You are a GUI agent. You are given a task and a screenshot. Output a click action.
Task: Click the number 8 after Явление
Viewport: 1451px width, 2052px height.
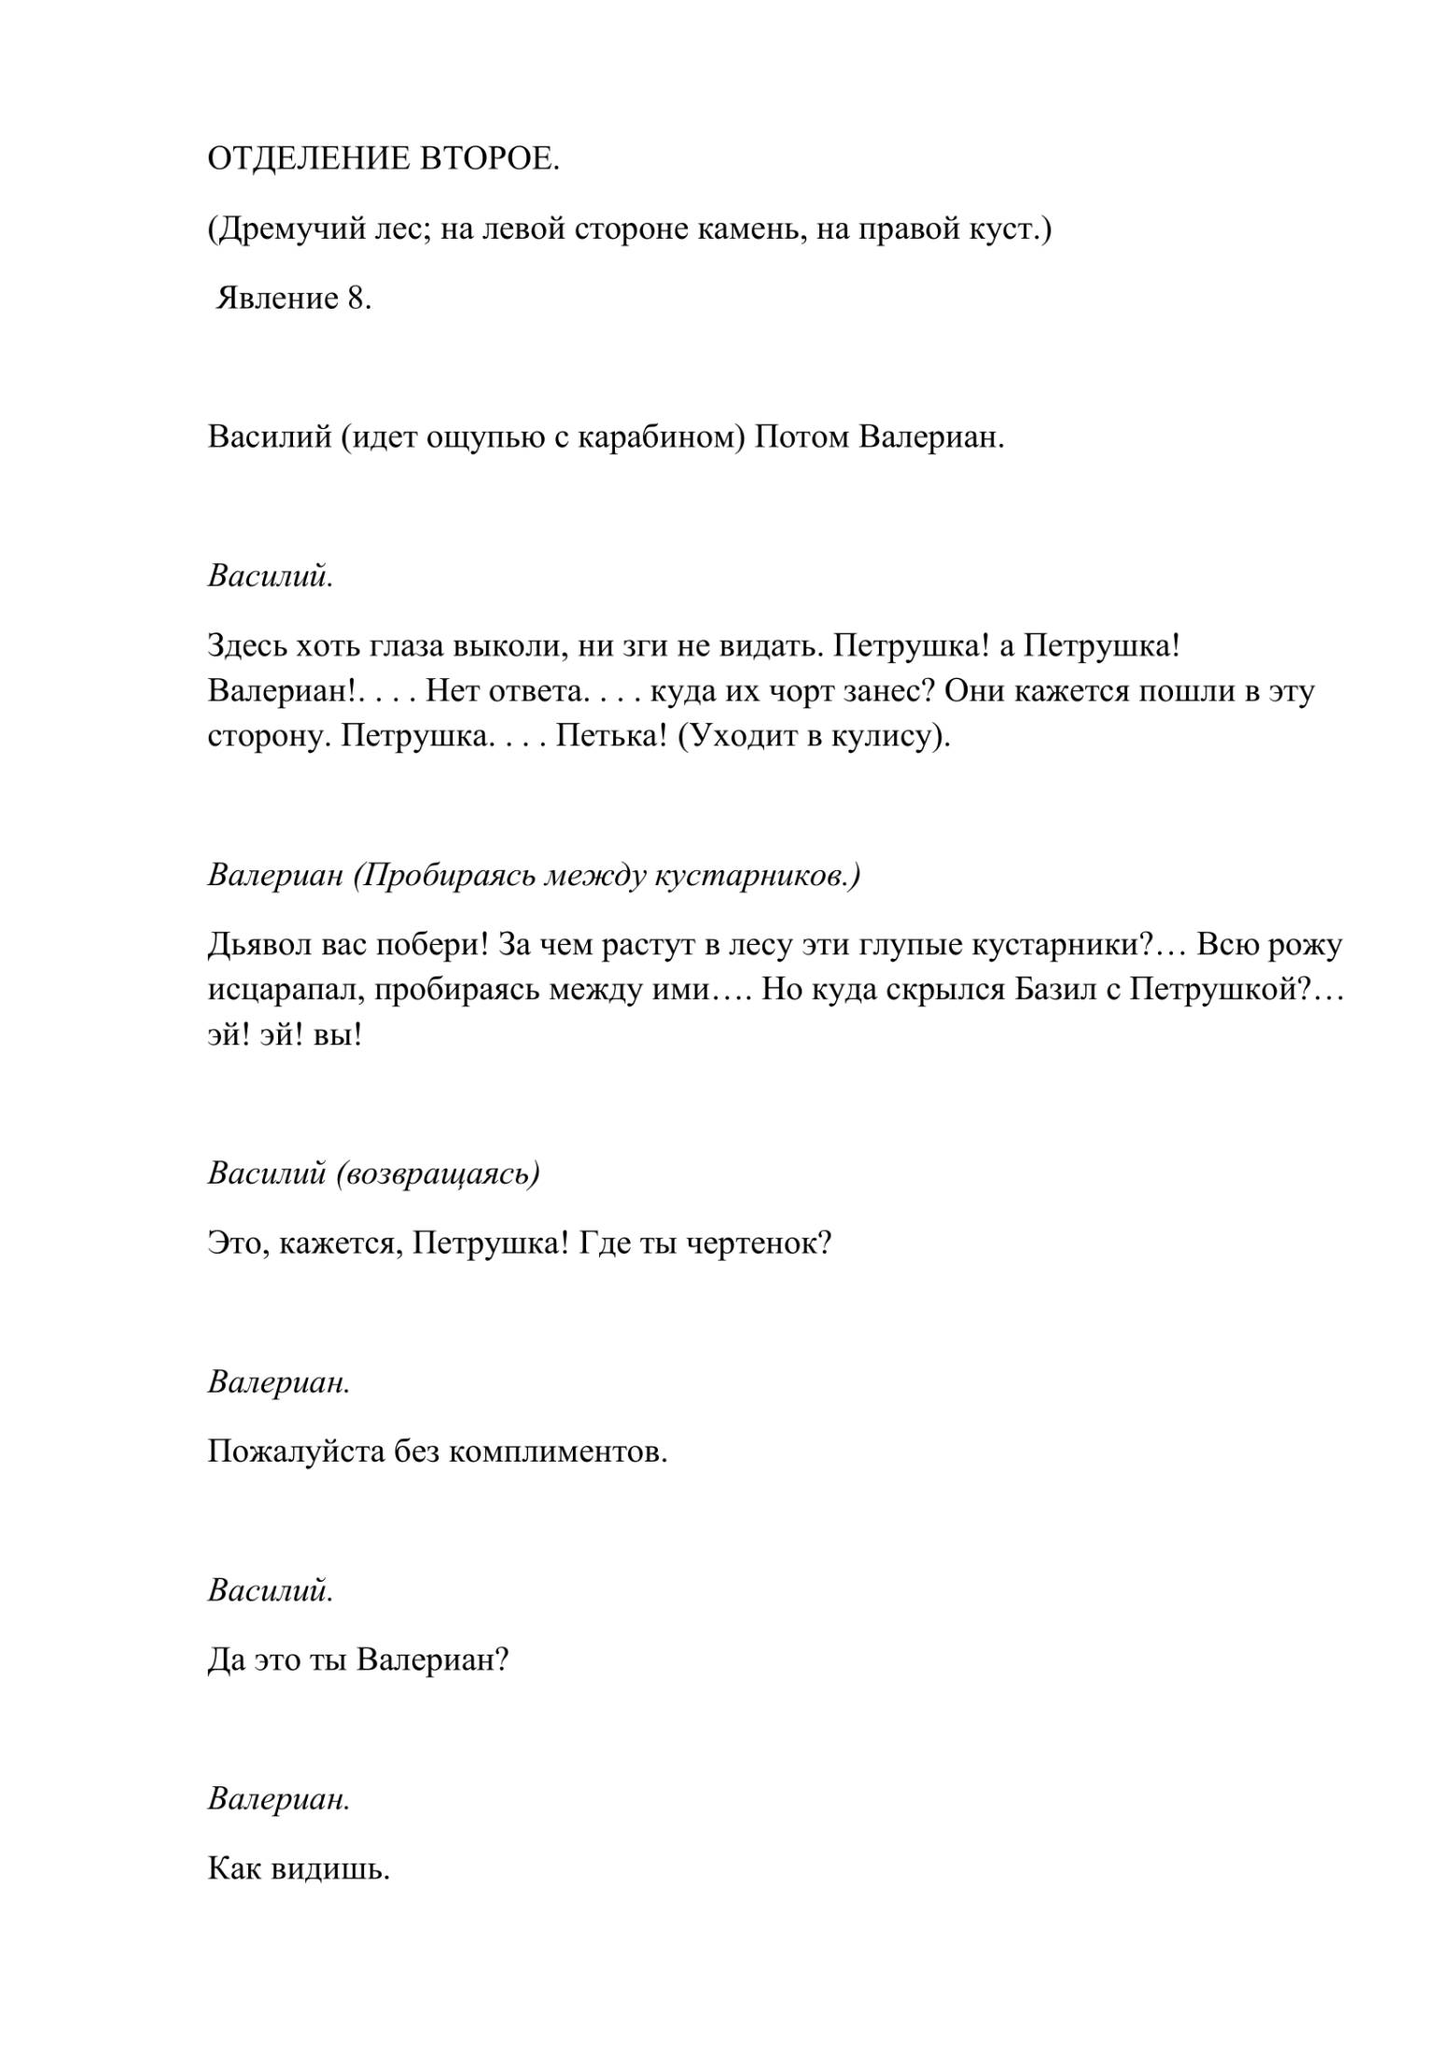(357, 298)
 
